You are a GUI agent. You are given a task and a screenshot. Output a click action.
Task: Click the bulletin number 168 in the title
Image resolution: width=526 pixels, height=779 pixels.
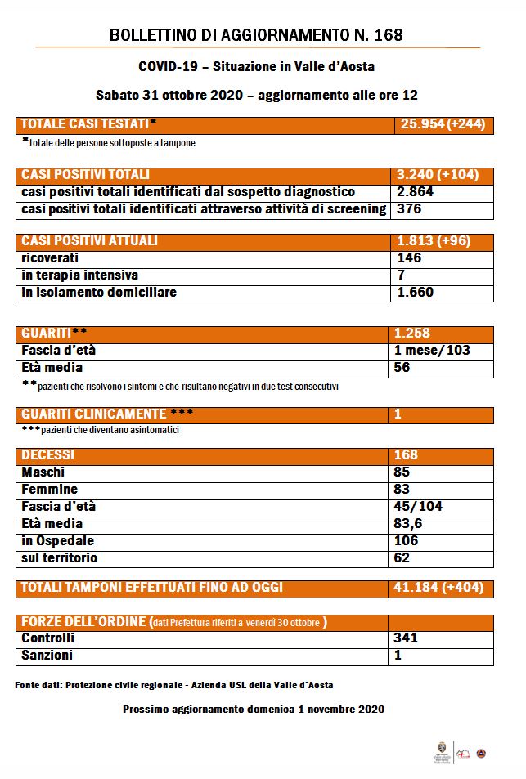click(387, 35)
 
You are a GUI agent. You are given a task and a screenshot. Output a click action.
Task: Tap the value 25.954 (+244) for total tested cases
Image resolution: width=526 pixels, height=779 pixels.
click(443, 124)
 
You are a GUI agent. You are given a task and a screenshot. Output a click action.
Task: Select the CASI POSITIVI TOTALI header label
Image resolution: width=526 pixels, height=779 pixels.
click(85, 175)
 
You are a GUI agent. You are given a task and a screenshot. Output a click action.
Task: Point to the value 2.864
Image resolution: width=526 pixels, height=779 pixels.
click(415, 192)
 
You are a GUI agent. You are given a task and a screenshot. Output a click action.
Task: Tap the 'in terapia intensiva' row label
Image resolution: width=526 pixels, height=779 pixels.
click(79, 275)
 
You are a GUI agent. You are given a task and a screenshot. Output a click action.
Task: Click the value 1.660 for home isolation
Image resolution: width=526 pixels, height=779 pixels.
click(415, 293)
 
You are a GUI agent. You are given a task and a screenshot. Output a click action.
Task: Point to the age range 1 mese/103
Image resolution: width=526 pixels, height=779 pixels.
click(432, 351)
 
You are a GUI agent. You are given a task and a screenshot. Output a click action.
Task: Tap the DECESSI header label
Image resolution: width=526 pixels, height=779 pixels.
click(47, 455)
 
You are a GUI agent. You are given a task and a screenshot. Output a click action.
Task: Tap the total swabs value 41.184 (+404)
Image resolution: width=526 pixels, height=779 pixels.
click(439, 588)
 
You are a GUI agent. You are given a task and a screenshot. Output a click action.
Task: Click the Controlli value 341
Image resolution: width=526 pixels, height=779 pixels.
click(407, 638)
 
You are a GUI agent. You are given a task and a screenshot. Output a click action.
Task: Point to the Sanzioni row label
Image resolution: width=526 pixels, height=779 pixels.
click(47, 656)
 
